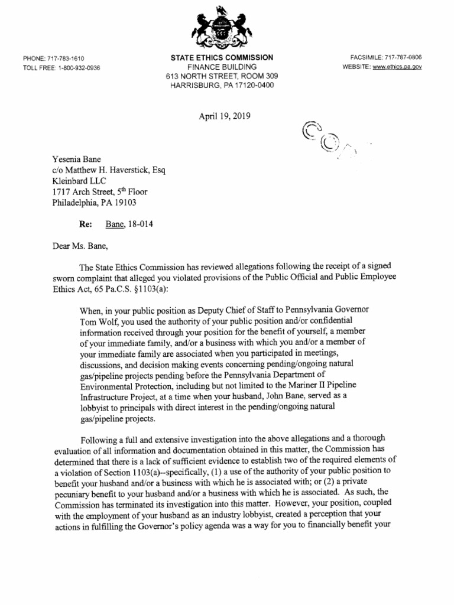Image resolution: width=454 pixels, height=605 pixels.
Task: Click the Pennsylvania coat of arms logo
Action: point(222,28)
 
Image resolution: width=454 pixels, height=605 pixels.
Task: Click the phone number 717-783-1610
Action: point(66,58)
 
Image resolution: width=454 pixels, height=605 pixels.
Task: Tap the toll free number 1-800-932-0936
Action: point(79,67)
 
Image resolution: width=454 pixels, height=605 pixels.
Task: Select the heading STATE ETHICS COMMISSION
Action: point(222,58)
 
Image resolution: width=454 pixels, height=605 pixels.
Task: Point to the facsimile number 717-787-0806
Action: point(403,57)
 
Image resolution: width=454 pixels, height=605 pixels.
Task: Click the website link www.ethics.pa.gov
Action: point(396,67)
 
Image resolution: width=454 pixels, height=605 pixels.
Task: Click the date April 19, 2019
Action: point(225,116)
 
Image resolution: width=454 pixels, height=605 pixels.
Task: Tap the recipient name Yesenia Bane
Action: point(76,159)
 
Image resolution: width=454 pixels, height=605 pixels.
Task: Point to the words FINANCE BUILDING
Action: point(222,67)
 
